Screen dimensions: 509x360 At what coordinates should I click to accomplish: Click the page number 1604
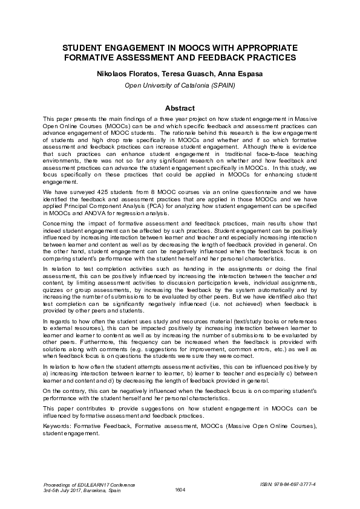pos(180,489)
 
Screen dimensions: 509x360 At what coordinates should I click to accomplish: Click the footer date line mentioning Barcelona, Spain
pos(82,490)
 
